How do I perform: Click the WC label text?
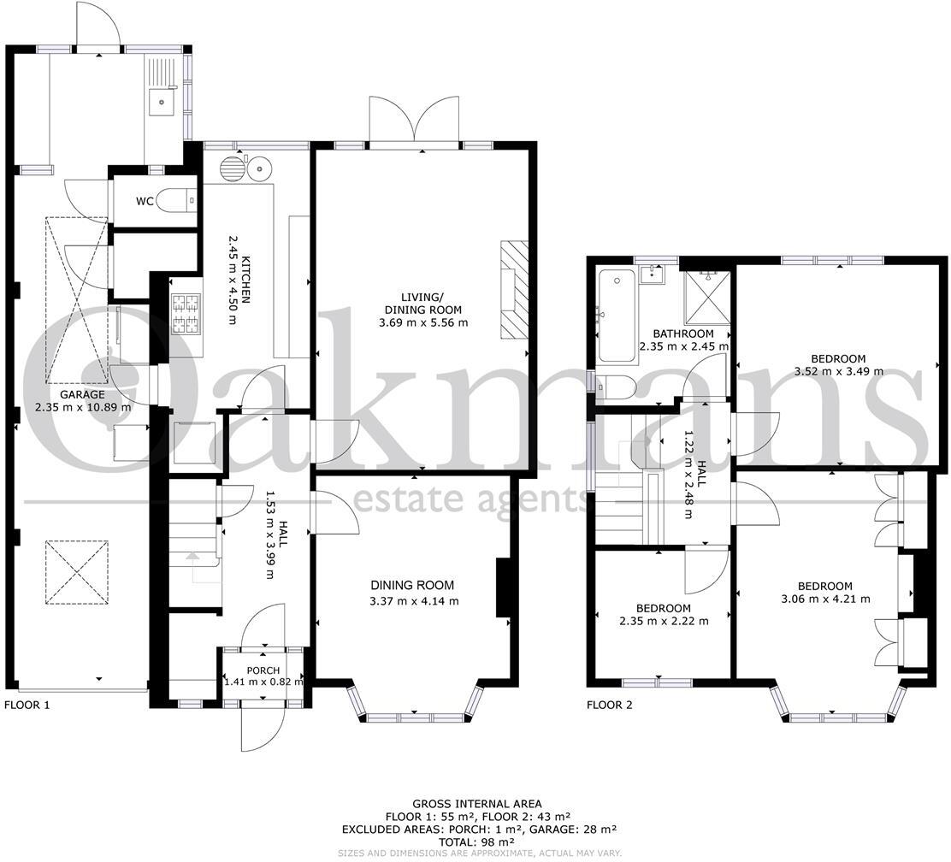(145, 202)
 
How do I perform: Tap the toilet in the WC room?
(180, 201)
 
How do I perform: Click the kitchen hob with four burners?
(184, 314)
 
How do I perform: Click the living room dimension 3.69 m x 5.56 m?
(422, 322)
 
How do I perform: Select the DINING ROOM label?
(412, 586)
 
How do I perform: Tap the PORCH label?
(263, 670)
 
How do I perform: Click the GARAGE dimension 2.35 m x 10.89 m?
(83, 407)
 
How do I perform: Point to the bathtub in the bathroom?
(616, 315)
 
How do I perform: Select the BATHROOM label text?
(682, 334)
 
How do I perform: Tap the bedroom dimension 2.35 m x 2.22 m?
(663, 621)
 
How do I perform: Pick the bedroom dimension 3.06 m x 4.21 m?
(824, 599)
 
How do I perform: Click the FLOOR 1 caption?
(27, 706)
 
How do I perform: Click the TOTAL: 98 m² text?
(476, 841)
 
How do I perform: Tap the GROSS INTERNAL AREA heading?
(476, 804)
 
